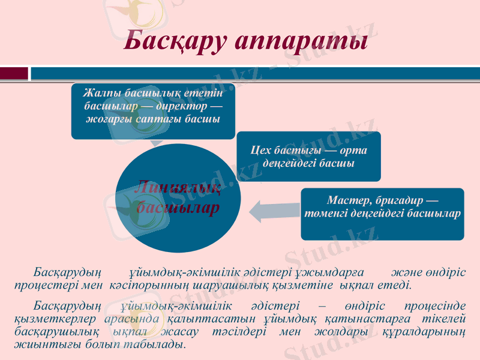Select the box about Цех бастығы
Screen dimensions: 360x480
pyautogui.click(x=308, y=157)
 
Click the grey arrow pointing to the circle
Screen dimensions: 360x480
pyautogui.click(x=274, y=210)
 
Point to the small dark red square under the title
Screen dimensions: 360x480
pyautogui.click(x=14, y=73)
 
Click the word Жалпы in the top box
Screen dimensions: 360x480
pyautogui.click(x=99, y=93)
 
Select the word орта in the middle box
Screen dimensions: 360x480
pyautogui.click(x=353, y=150)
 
